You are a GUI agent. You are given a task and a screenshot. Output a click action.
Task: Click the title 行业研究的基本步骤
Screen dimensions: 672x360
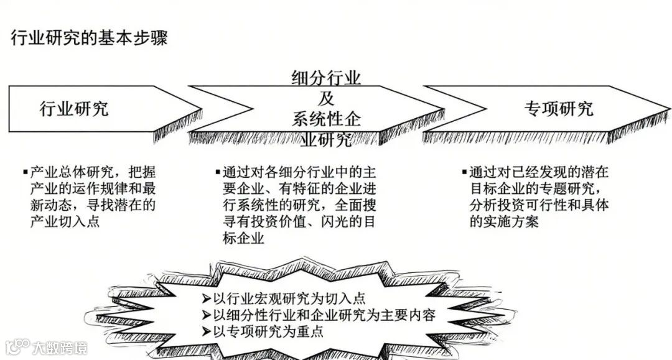(89, 38)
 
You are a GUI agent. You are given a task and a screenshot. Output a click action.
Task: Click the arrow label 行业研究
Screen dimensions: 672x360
(74, 108)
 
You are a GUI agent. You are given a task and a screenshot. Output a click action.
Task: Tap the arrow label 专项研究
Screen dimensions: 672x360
(558, 109)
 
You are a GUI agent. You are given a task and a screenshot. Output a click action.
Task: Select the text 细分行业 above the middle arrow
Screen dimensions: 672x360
(326, 79)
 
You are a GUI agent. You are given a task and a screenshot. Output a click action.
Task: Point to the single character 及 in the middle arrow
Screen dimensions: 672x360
(327, 98)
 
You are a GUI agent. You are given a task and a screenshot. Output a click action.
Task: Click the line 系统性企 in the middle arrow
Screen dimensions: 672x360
(326, 118)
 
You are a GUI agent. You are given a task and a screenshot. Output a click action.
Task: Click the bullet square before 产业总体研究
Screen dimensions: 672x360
(25, 171)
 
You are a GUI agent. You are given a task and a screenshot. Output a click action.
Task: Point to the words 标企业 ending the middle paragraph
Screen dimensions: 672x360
(243, 238)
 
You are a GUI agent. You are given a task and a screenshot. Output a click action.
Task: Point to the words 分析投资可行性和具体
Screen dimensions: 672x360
(539, 205)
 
